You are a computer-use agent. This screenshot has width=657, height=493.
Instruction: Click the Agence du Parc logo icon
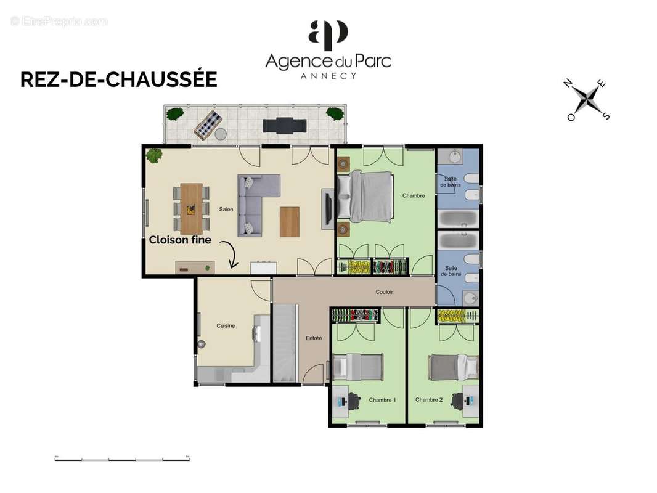click(328, 35)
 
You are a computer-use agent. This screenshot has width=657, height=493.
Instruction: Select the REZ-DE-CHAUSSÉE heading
click(118, 79)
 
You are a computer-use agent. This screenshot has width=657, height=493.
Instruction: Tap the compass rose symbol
click(588, 99)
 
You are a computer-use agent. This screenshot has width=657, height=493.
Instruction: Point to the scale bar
click(122, 458)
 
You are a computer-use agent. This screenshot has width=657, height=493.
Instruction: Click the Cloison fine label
click(180, 240)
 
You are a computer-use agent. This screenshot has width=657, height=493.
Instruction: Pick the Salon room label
click(226, 210)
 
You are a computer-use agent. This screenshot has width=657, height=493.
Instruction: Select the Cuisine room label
click(225, 326)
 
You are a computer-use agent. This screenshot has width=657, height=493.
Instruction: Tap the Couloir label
click(384, 292)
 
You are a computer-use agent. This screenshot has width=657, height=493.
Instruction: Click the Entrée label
click(314, 338)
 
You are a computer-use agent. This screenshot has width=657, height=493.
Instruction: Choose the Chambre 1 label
click(382, 400)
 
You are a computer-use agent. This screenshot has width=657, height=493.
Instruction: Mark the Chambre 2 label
click(428, 400)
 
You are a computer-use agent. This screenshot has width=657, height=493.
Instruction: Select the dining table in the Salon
click(192, 209)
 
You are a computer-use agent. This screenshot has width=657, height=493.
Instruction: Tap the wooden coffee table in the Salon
click(289, 222)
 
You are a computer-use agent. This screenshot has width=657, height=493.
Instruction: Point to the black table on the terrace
click(284, 126)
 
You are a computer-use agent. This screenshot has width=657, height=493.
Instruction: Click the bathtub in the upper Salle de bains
click(459, 218)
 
